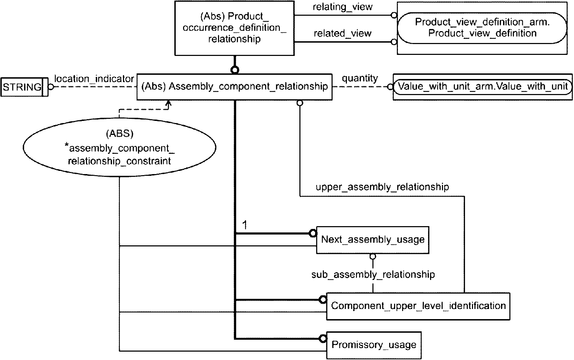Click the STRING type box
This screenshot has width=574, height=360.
[24, 87]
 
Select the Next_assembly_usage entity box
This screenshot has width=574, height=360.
[372, 240]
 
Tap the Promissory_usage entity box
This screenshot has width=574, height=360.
[373, 345]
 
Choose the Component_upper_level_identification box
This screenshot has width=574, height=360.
[418, 306]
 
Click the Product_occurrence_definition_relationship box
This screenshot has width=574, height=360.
[234, 28]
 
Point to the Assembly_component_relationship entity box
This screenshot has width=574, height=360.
[234, 87]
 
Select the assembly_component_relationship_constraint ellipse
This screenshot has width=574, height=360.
[119, 147]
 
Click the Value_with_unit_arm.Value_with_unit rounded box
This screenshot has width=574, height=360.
[482, 87]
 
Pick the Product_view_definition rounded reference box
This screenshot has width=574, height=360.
[482, 28]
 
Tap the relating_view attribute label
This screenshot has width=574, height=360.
[343, 7]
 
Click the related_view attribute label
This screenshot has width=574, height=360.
[343, 33]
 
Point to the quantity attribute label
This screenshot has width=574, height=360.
[360, 78]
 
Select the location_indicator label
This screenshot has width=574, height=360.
[94, 79]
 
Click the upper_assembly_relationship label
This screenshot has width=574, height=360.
[382, 187]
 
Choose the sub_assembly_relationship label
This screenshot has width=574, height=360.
[373, 275]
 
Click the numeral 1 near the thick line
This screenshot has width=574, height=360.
[245, 225]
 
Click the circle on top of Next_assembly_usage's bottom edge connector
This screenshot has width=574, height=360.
[373, 257]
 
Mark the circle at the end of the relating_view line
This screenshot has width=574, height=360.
[394, 15]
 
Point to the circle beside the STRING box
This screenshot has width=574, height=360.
[51, 87]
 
